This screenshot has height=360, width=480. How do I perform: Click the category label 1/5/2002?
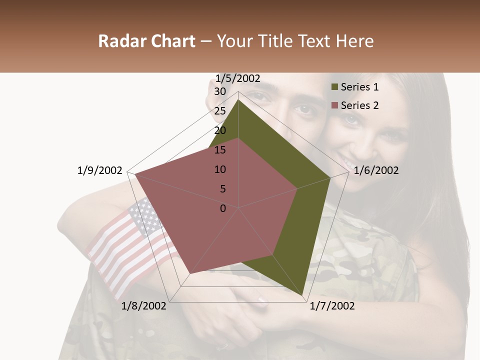(x=238, y=78)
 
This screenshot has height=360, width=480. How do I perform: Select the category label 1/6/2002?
(x=376, y=170)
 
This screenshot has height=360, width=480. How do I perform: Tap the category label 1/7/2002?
(x=332, y=306)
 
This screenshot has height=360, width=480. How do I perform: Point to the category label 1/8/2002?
(x=144, y=306)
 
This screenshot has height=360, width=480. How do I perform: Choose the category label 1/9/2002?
(x=100, y=170)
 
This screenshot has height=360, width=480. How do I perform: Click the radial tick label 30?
(x=220, y=91)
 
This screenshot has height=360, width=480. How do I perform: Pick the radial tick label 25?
(x=220, y=111)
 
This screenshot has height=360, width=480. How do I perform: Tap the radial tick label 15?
(x=220, y=150)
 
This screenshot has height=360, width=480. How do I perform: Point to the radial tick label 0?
(x=223, y=208)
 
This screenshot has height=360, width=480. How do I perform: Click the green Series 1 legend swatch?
(x=334, y=87)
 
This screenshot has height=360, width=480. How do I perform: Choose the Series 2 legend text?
(x=359, y=105)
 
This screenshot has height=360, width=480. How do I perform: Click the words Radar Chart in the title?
(x=146, y=41)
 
